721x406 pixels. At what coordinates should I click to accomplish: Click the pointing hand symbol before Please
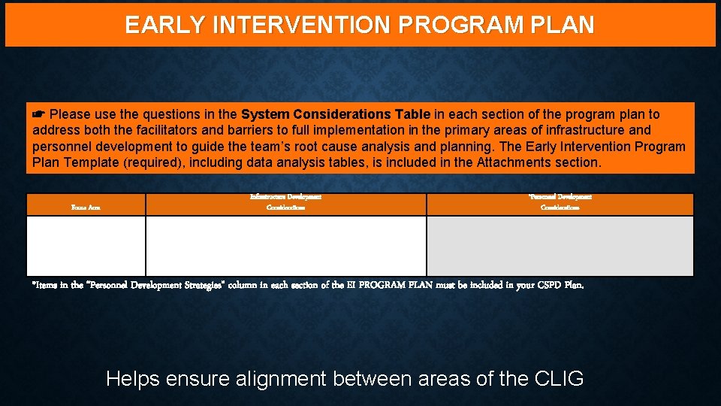39,115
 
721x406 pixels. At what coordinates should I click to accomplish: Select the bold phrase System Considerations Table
336,115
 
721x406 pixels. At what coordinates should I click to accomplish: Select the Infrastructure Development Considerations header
285,201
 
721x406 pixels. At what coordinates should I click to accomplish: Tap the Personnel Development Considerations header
560,201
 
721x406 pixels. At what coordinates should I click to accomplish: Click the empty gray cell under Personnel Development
560,246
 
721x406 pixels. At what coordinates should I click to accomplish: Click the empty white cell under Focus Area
86,246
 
